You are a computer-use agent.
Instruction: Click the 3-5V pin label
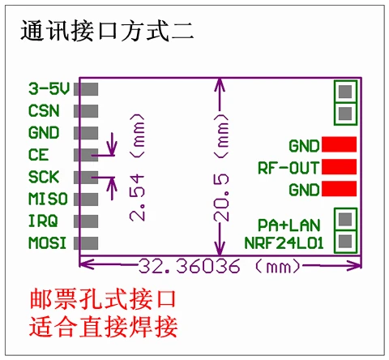click(49, 88)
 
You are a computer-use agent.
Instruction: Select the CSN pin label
click(44, 111)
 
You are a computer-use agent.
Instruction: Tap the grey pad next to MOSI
click(86, 243)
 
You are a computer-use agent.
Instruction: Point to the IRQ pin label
click(43, 221)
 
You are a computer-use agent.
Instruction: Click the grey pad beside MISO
click(86, 199)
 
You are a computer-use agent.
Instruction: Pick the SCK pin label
click(44, 177)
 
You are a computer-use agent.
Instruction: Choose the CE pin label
click(39, 155)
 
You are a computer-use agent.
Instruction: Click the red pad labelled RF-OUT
click(339, 166)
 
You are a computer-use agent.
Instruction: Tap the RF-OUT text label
click(289, 168)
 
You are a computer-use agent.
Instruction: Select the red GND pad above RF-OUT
click(339, 144)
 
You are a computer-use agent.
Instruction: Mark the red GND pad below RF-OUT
click(339, 189)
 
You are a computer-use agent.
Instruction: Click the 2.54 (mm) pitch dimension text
click(137, 168)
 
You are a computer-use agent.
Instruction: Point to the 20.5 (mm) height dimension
click(221, 168)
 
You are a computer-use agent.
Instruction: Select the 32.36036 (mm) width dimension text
click(220, 266)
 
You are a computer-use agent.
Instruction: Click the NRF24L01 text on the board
click(284, 243)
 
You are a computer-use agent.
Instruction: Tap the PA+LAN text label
click(289, 225)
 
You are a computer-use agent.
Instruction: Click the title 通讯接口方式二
click(107, 31)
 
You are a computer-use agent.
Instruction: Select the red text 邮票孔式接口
click(103, 299)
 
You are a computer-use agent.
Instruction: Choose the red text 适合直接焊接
click(103, 327)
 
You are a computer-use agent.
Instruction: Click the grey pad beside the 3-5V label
click(86, 89)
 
